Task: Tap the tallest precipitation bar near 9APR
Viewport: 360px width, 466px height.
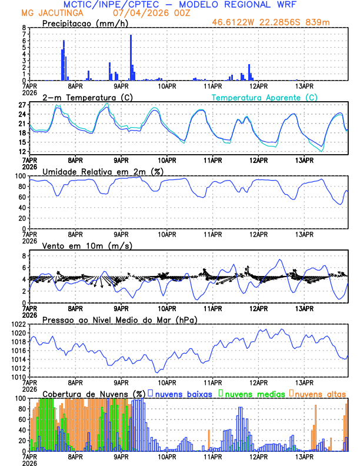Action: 131,58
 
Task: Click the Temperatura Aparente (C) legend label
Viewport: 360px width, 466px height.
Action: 264,97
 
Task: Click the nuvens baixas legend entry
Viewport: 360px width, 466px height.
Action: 182,393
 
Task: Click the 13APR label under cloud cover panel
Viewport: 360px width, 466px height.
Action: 304,457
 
